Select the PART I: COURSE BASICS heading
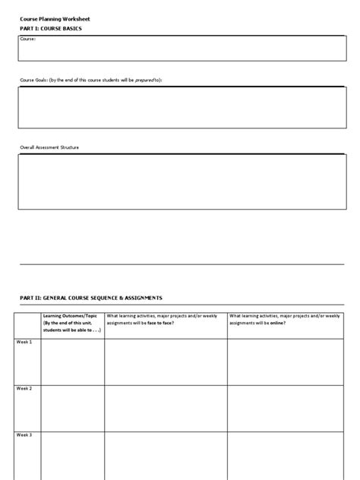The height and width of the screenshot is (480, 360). click(x=51, y=28)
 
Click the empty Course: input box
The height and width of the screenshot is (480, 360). click(x=182, y=49)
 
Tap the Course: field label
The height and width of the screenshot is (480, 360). click(x=29, y=39)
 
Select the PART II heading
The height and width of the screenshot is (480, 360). click(x=91, y=298)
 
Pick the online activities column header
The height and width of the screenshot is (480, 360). click(x=286, y=319)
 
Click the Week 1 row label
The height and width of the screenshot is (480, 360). click(x=25, y=343)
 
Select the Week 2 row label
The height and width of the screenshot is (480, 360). click(x=25, y=389)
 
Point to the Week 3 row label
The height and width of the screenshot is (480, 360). click(x=25, y=435)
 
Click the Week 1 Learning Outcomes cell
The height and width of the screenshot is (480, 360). click(x=72, y=362)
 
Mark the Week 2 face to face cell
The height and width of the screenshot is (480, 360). click(x=166, y=408)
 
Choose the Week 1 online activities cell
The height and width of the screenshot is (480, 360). click(x=286, y=362)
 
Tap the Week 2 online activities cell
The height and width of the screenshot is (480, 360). click(x=286, y=408)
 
